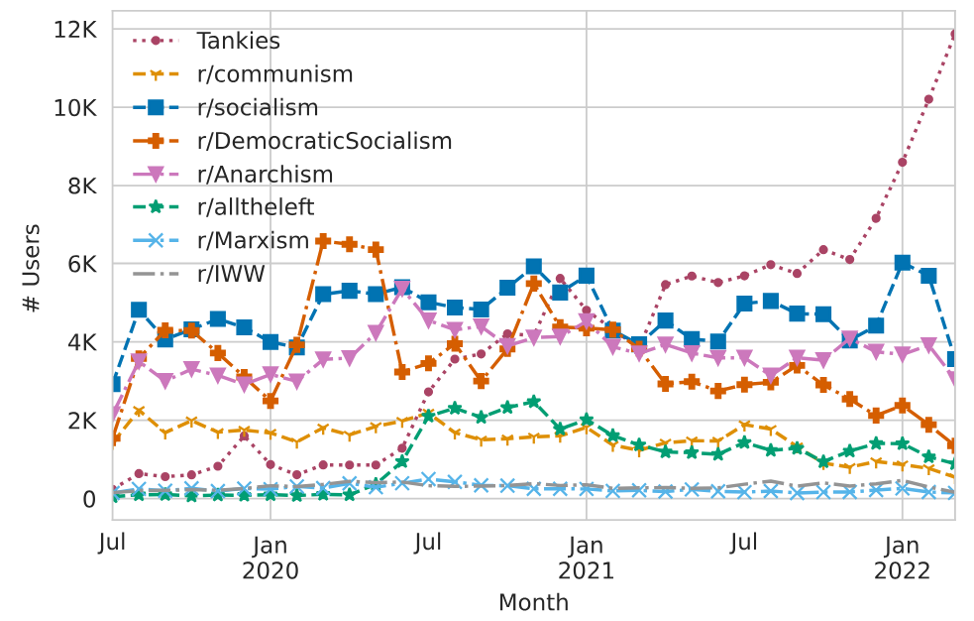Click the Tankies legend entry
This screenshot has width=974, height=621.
coord(238,41)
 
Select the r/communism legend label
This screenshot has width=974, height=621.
coord(274,73)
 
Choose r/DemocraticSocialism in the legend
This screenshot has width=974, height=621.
coord(324,141)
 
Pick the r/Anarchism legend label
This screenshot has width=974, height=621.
coord(265,175)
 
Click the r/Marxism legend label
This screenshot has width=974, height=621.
coord(253,241)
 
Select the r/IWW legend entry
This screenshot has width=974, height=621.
coord(231,274)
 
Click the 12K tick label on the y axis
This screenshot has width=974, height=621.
coord(75,30)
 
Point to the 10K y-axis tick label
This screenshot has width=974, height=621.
coord(75,108)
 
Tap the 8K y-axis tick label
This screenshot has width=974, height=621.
coord(81,186)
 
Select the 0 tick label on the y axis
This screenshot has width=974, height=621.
coord(88,499)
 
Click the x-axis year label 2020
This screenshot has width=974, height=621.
coord(271,571)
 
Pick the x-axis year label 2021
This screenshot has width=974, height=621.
coord(587,571)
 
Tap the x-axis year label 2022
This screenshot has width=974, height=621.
coord(902,571)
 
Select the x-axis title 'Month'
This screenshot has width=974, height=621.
coord(533,602)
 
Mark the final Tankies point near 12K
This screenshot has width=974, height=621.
coord(954,35)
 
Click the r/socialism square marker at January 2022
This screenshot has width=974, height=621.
coord(902,263)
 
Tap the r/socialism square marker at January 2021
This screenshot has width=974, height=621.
coord(587,276)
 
